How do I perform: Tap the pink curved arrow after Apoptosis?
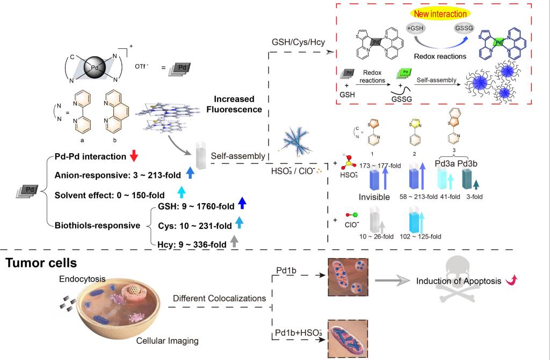[x=511, y=280]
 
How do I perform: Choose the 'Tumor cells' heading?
[x=42, y=263]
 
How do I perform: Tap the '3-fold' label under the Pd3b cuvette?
[x=474, y=197]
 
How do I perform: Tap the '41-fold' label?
[x=443, y=197]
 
